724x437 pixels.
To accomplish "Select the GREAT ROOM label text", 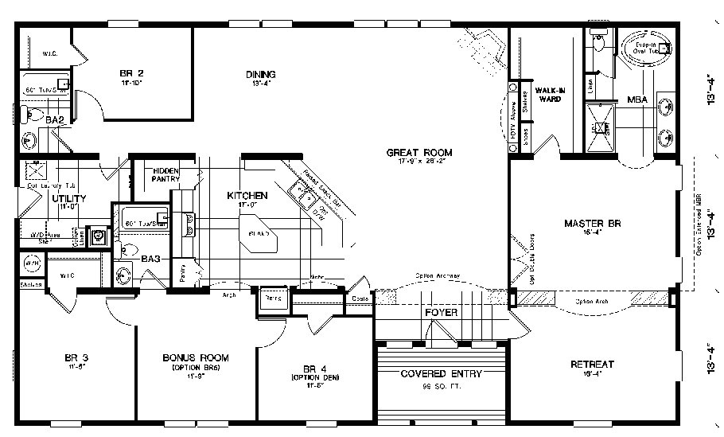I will click(x=419, y=152).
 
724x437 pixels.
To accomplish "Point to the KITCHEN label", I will click(x=247, y=195).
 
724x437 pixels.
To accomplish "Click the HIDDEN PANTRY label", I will click(x=166, y=175).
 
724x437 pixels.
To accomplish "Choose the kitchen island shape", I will click(x=261, y=234).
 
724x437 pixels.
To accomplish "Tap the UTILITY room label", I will click(x=69, y=198).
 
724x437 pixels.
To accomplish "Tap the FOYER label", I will click(x=441, y=313).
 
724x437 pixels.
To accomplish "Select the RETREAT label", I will click(x=593, y=365).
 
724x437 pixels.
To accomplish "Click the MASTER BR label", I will click(x=592, y=223).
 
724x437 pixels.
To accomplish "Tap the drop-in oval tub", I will click(x=642, y=50).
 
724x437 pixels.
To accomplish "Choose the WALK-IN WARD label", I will click(x=550, y=95).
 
